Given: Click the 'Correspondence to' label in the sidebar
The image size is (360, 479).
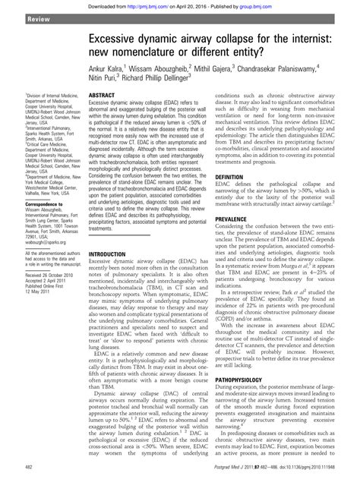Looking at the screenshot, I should click(x=39, y=183).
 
